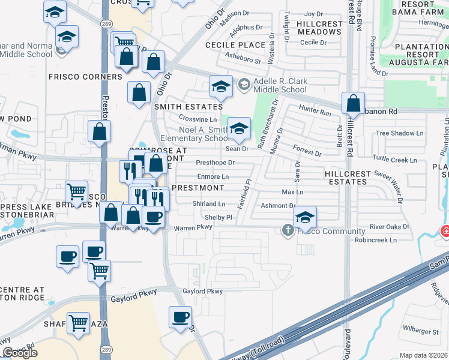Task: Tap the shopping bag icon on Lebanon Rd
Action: click(x=354, y=103)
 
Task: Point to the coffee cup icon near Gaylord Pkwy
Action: click(x=179, y=317)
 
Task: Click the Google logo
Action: click(x=20, y=353)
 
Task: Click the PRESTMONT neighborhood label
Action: click(x=197, y=187)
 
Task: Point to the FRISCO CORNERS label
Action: click(x=85, y=77)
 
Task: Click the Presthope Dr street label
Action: click(x=215, y=163)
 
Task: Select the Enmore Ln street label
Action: click(x=213, y=176)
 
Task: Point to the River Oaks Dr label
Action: click(x=390, y=227)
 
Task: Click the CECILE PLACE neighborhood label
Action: click(x=235, y=45)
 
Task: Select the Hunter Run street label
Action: click(x=315, y=110)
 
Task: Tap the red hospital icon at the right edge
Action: click(x=445, y=231)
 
